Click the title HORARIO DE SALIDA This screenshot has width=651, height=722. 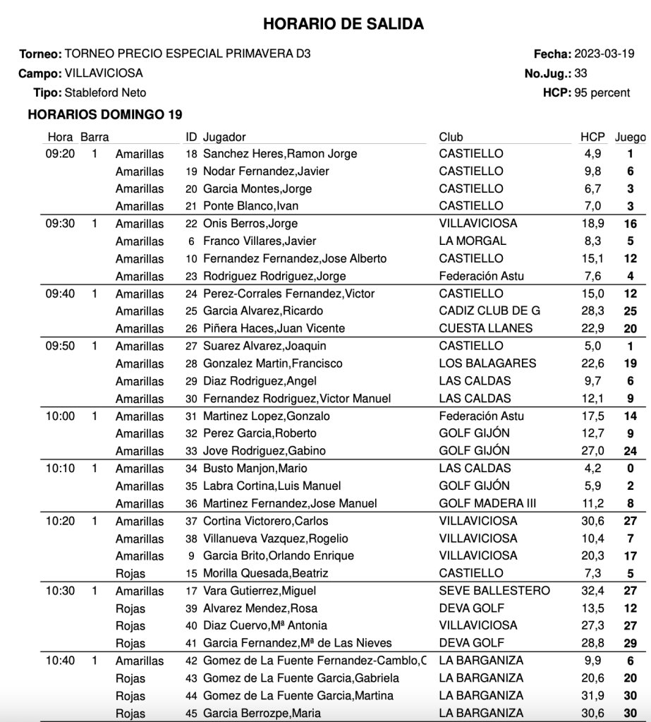343,24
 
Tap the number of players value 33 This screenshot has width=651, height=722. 580,73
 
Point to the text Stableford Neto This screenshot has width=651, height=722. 106,92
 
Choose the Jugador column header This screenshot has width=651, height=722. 224,137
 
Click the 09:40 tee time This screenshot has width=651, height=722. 60,294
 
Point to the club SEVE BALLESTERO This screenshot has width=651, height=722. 494,591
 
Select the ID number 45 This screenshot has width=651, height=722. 191,713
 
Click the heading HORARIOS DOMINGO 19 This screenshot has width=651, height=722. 105,114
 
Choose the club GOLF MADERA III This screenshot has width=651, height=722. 487,503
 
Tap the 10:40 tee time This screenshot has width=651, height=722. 60,661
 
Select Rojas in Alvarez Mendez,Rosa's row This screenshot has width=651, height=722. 130,608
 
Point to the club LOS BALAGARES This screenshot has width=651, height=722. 487,363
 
